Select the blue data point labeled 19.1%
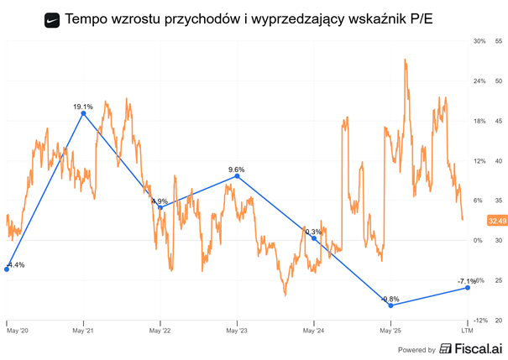click(83, 112)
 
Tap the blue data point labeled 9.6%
click(238, 176)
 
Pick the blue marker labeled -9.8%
click(391, 305)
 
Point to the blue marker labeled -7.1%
click(467, 288)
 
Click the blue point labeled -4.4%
click(7, 269)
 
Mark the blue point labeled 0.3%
click(314, 238)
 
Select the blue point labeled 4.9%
click(160, 207)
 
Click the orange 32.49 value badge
click(495, 221)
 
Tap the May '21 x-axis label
click(83, 331)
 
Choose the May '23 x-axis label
click(238, 331)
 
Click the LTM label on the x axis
click(467, 331)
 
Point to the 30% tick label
click(479, 41)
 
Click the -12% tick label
click(479, 321)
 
